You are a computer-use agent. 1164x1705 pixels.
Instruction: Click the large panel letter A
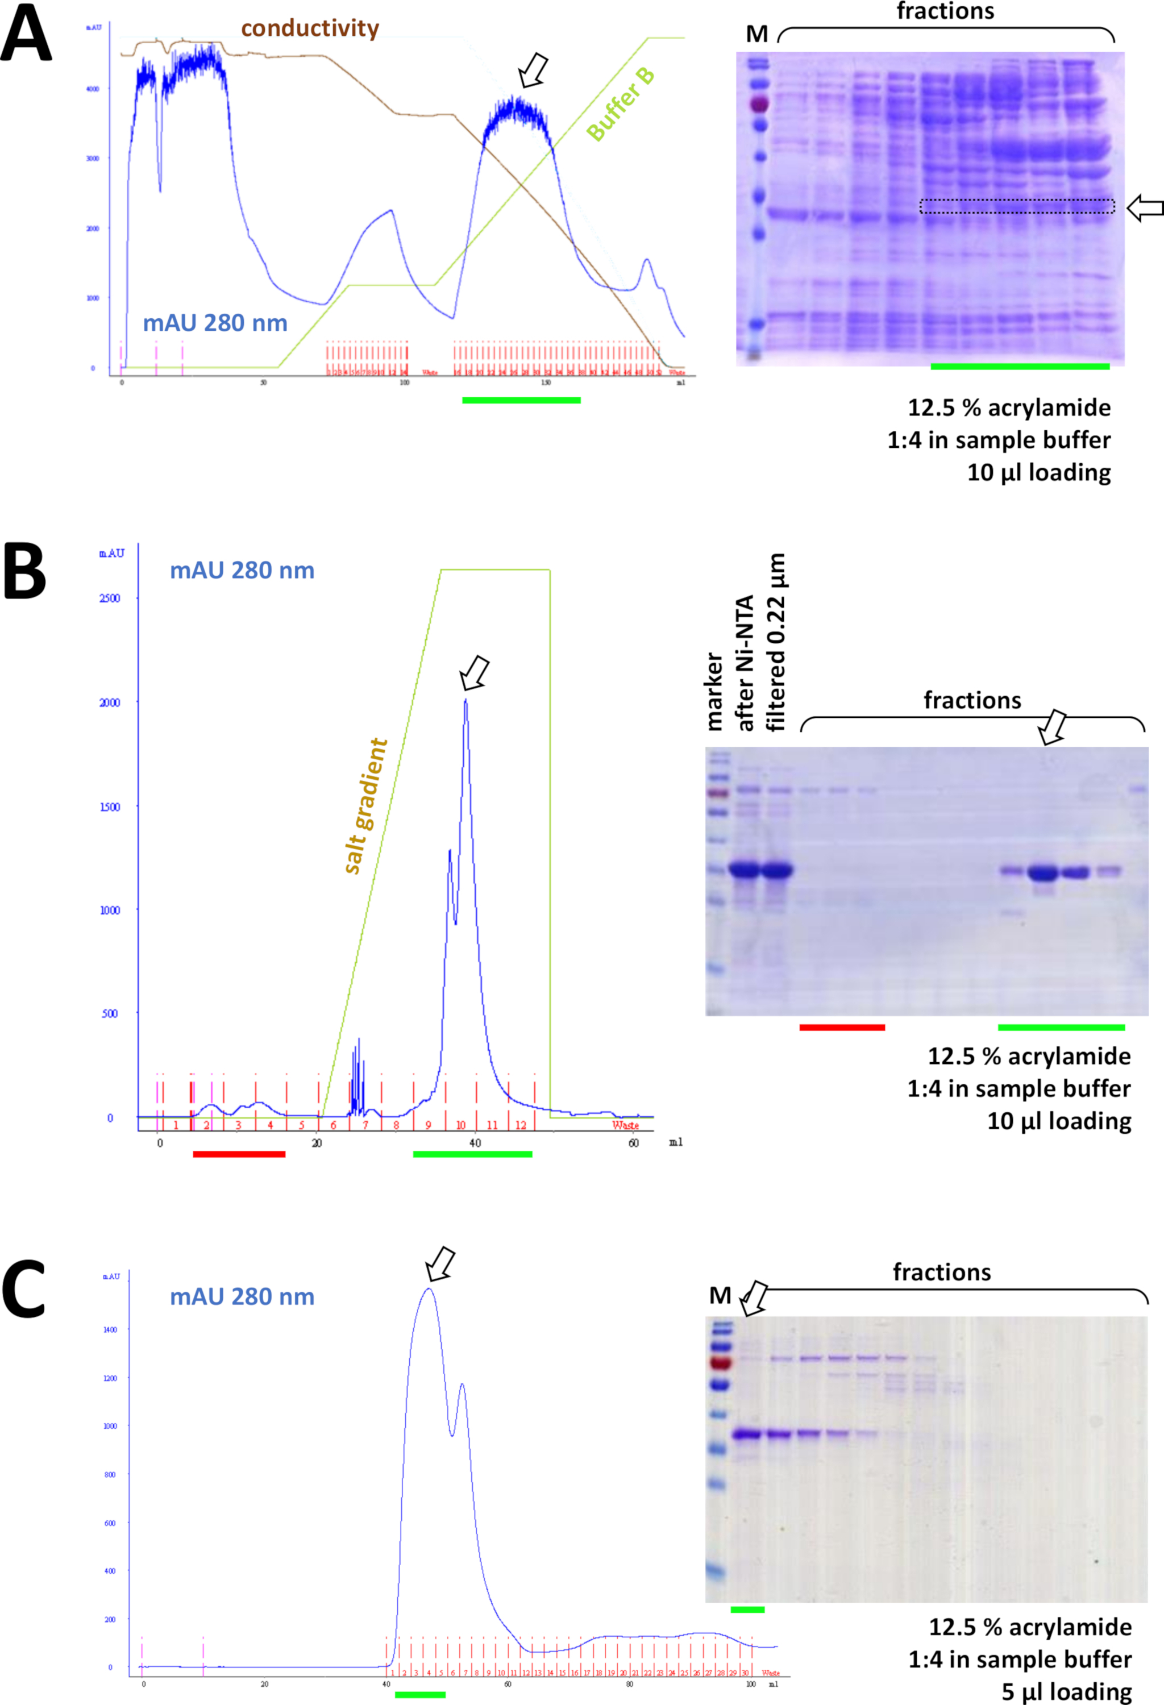point(26,35)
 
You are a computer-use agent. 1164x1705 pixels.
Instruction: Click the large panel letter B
point(24,572)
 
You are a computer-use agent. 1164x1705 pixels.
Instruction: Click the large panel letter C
point(24,1289)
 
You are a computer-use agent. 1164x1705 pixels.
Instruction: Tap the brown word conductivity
point(310,28)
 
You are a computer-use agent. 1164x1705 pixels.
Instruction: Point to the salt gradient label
point(365,805)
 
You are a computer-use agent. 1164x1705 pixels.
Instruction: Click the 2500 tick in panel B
point(109,598)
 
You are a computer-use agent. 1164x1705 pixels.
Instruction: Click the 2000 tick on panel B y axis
point(109,702)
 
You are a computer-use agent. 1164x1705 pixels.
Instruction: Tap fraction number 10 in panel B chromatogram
point(460,1125)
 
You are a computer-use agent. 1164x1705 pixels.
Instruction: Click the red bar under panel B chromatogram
point(239,1154)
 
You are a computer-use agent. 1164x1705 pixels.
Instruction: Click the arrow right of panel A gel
point(1144,207)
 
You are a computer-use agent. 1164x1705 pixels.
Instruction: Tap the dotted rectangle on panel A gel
point(1017,206)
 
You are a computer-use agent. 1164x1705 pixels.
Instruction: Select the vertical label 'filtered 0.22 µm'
point(776,643)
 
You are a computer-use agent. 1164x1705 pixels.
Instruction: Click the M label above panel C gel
point(720,1296)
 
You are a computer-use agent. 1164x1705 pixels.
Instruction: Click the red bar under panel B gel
point(842,1027)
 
